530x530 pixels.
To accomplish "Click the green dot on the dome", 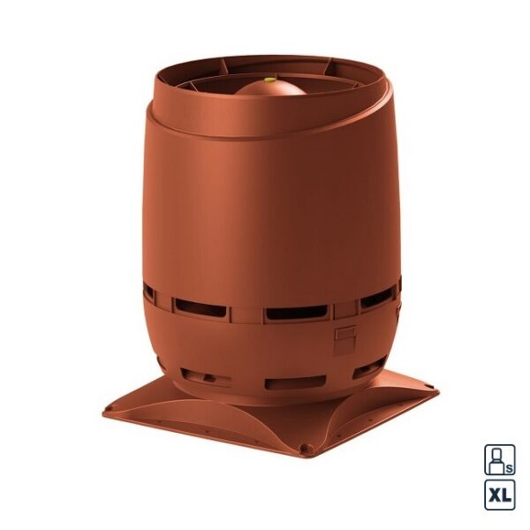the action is click(x=269, y=80).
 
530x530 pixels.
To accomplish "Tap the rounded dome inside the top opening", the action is click(x=270, y=88).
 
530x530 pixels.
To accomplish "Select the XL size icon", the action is click(x=500, y=495).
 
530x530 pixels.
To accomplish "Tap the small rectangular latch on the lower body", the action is click(x=345, y=334).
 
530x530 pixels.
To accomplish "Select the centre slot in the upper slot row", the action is click(x=297, y=313).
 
